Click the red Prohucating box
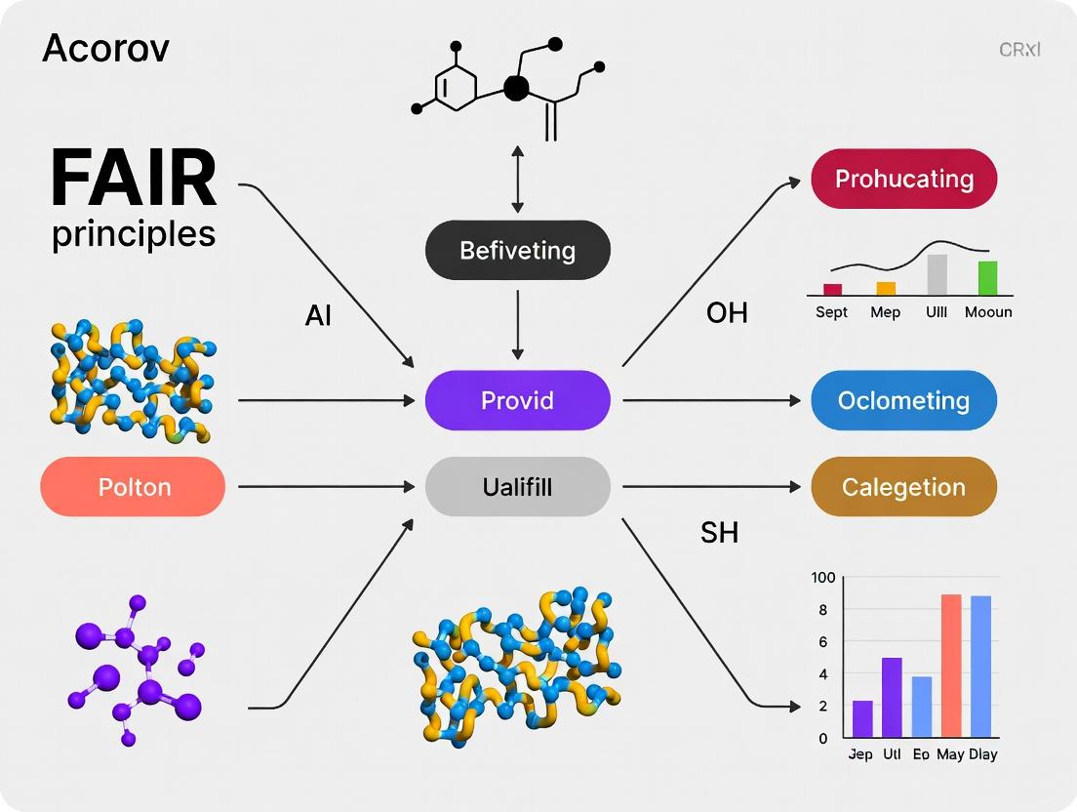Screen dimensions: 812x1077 click(x=903, y=179)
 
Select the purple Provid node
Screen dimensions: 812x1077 click(x=517, y=400)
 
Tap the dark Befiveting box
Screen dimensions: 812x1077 click(x=517, y=251)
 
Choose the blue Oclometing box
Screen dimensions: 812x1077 click(x=903, y=400)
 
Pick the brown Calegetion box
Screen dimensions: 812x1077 click(x=903, y=486)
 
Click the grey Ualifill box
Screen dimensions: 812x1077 click(x=517, y=486)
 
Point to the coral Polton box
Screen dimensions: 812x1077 click(x=134, y=486)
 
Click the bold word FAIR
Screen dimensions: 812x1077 click(x=134, y=180)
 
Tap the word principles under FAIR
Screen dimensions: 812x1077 click(x=134, y=234)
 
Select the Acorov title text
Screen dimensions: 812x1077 click(x=105, y=49)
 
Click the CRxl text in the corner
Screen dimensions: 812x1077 click(x=1019, y=49)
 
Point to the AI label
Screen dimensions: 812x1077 click(x=319, y=316)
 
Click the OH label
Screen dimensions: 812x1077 click(x=727, y=312)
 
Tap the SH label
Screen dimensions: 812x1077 click(x=719, y=532)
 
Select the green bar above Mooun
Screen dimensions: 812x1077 click(x=987, y=277)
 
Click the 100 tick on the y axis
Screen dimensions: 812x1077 click(x=823, y=578)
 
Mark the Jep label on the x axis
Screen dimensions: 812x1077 click(x=860, y=754)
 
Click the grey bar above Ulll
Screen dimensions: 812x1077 click(x=937, y=274)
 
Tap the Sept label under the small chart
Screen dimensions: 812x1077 click(x=831, y=312)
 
